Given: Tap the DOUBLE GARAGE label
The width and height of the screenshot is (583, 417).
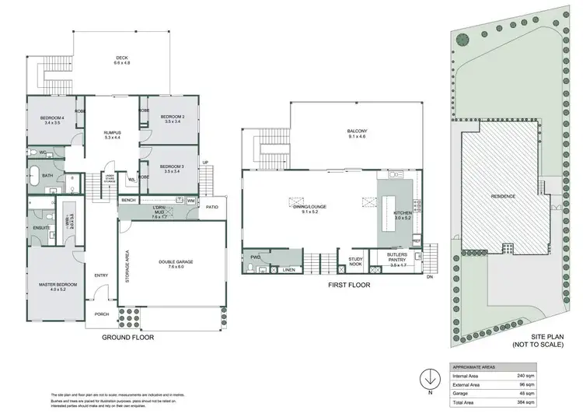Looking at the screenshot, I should [x=172, y=262].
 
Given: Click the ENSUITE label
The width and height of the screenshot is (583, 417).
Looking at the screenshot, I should [x=41, y=227].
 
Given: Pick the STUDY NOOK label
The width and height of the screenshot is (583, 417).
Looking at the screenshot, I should [x=356, y=261].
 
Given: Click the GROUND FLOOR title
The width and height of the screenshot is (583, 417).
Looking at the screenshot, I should [x=128, y=338].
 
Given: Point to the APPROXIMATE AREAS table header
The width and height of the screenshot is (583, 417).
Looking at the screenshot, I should [x=475, y=366].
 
